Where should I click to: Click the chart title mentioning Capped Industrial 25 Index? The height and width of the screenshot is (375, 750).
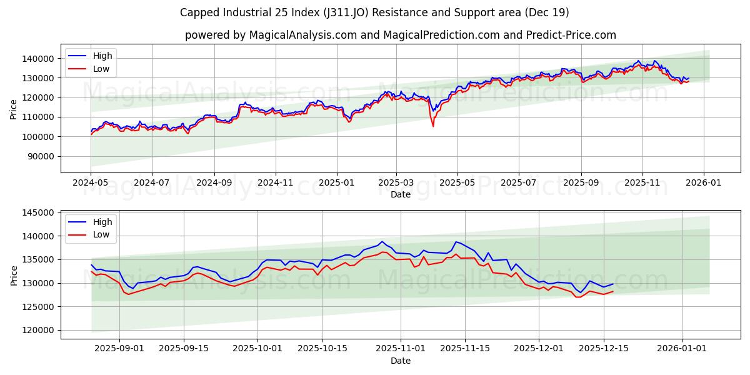[x=374, y=12]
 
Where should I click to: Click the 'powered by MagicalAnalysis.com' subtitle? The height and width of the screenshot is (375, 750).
[x=400, y=35]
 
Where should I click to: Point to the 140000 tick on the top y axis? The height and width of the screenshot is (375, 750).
[x=38, y=58]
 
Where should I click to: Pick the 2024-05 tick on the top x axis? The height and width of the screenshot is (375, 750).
[x=91, y=183]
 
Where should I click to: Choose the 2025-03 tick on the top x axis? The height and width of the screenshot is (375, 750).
[x=396, y=183]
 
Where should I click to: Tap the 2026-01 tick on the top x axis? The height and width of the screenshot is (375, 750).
[x=704, y=183]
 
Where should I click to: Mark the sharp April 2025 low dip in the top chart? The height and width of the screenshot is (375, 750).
[x=433, y=126]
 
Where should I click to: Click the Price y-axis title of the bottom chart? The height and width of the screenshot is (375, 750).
[x=14, y=275]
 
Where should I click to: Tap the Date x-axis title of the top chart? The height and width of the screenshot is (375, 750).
[x=400, y=194]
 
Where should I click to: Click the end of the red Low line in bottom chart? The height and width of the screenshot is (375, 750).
[x=613, y=291]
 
